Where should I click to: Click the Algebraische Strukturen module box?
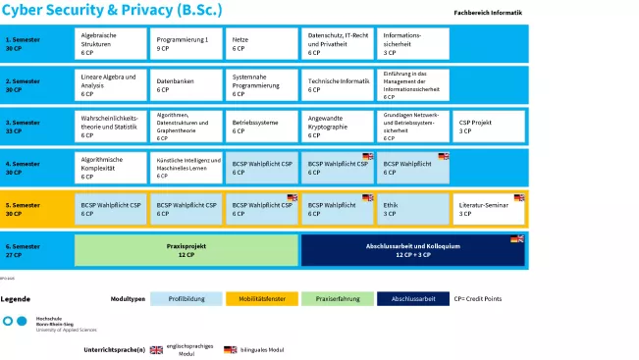(x=111, y=43)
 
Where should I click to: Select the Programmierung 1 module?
(x=186, y=43)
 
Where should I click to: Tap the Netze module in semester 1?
(x=262, y=43)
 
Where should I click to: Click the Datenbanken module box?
(x=186, y=84)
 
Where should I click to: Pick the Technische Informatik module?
(x=338, y=84)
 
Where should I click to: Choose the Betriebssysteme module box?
(x=262, y=127)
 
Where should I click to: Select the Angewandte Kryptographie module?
(x=338, y=127)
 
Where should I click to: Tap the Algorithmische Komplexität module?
(x=111, y=168)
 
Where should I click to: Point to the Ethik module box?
(x=413, y=209)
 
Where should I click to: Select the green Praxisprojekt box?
(x=186, y=250)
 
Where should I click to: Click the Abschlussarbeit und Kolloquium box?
(x=413, y=250)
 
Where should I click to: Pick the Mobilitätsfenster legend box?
(x=261, y=298)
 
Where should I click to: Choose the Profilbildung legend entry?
(x=186, y=298)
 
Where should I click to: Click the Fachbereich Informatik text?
(x=488, y=14)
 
